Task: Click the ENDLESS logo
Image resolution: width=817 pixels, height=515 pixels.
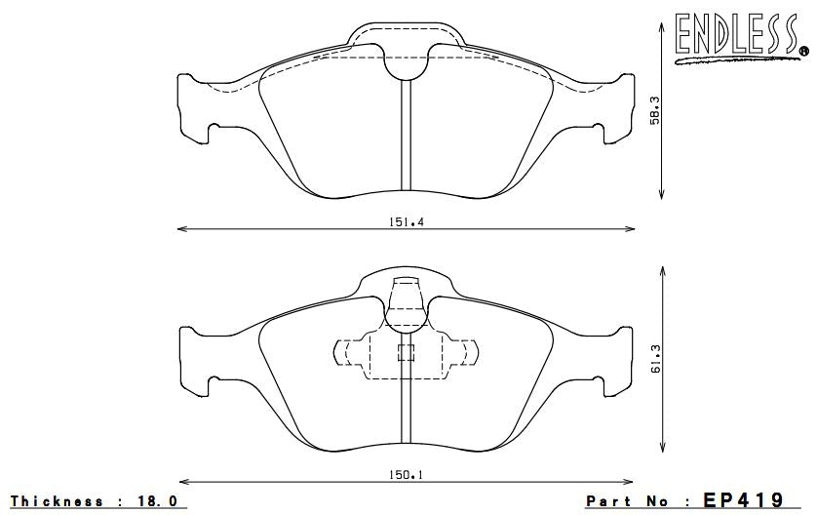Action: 740,36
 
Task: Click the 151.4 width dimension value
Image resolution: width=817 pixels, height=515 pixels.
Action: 405,221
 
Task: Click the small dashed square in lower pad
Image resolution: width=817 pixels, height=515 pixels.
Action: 406,353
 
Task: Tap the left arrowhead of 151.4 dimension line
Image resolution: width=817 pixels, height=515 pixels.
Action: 179,230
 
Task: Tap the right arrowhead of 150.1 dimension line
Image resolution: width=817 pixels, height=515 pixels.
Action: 630,482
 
